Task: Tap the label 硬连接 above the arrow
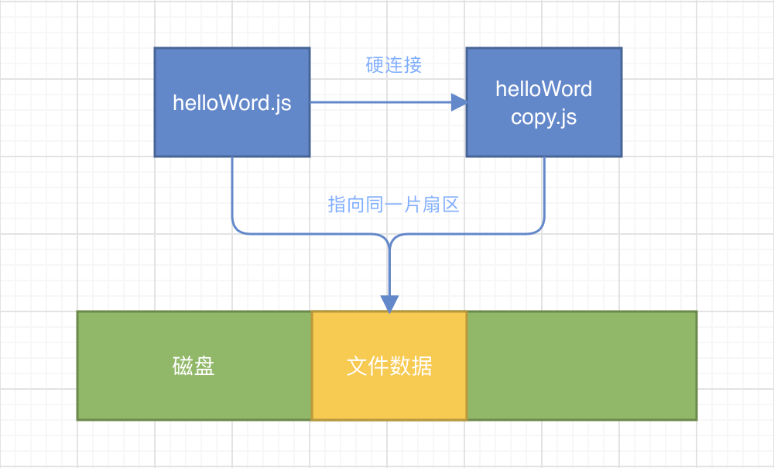394,65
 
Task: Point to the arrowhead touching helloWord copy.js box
460,102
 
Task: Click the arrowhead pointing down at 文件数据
389,304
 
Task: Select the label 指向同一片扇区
394,205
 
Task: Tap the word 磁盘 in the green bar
193,366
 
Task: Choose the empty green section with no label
581,366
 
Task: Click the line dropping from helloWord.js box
232,194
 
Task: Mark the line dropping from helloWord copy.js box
544,194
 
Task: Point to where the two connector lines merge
389,236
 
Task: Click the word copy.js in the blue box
543,119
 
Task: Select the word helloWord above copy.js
543,89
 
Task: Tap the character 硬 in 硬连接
375,65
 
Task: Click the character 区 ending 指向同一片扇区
450,205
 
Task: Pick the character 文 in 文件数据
357,366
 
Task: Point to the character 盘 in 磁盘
204,366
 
